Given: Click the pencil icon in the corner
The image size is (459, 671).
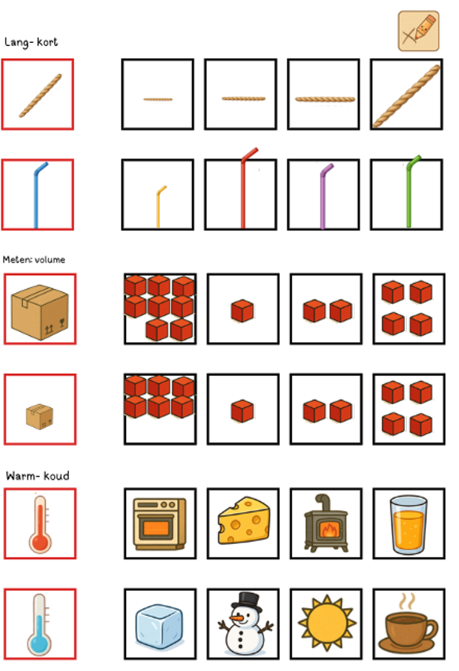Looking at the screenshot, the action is [418, 31].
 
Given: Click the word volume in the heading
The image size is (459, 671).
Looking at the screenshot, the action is [50, 260].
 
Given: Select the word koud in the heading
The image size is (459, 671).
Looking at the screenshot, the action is [56, 476].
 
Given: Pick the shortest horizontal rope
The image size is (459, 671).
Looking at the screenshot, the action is [158, 99].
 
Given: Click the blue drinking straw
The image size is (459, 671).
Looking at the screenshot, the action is [37, 195].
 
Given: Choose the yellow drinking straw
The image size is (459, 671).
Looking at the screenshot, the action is [160, 207].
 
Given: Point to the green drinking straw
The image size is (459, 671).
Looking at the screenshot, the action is [410, 191].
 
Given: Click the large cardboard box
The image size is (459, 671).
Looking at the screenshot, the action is [40, 312].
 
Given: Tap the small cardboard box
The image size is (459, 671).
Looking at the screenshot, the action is [40, 416].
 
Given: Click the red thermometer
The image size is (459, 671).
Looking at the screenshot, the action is [41, 524].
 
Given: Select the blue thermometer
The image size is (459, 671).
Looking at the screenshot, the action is [40, 624].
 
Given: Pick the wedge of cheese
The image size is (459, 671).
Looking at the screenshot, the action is [244, 521].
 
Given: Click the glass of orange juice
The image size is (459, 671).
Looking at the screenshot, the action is [409, 525].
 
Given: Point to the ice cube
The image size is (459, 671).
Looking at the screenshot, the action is [159, 626].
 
